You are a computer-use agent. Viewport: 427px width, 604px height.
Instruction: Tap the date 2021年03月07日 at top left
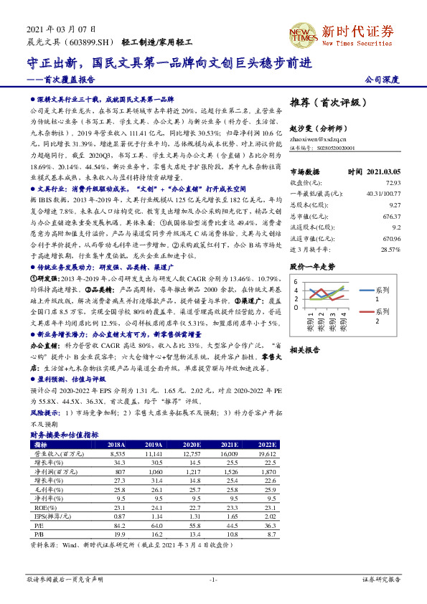(61, 29)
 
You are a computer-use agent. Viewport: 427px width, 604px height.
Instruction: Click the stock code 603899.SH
(85, 43)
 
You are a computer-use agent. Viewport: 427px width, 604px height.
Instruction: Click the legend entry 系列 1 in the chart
(401, 293)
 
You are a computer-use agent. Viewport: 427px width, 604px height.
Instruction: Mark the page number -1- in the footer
(213, 578)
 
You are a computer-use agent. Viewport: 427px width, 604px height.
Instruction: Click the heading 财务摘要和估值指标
(64, 435)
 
